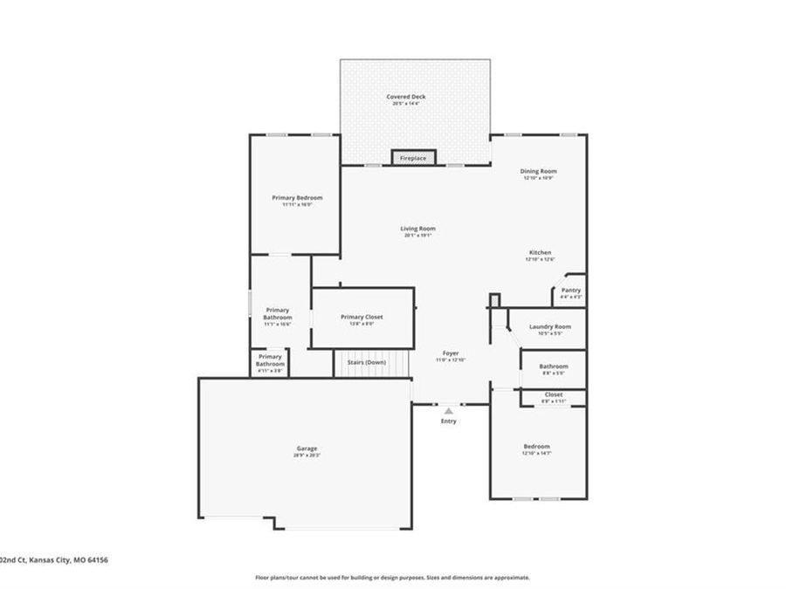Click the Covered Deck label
point(406,97)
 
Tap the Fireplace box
point(413,158)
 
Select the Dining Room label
point(539,171)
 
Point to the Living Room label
point(418,229)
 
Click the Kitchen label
point(540,252)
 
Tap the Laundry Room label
point(550,326)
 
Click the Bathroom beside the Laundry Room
point(554,368)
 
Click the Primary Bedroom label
point(297,198)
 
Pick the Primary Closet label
point(362,318)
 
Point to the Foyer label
point(451,353)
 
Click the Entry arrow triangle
point(449,410)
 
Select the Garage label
point(306,449)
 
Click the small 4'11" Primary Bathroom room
point(270,363)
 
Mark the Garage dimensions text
point(306,455)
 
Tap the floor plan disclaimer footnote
point(392,577)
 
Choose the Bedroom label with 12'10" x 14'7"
point(536,446)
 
